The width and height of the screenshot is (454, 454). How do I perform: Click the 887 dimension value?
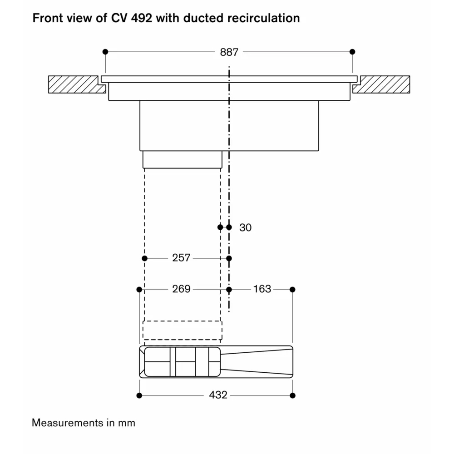(229, 52)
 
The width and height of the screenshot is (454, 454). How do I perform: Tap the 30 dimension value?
(245, 227)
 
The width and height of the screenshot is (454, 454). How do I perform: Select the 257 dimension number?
(181, 258)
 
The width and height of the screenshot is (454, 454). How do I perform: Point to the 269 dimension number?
(181, 289)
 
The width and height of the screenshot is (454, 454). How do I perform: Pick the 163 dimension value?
(262, 289)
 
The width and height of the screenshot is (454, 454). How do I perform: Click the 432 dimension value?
(218, 395)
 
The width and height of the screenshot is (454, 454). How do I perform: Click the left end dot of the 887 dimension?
(105, 52)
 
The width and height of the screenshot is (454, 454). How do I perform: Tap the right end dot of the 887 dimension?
(352, 52)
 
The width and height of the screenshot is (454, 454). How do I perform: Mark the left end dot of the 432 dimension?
(139, 395)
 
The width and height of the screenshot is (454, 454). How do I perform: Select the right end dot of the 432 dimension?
(292, 395)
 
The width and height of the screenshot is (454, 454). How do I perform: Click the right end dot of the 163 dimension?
(292, 290)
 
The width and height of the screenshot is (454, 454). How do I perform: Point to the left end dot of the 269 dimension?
(139, 290)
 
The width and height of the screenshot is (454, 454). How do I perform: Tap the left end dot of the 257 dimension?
(145, 258)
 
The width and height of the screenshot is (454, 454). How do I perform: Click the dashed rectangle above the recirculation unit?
(183, 321)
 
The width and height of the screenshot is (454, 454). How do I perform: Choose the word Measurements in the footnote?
(68, 423)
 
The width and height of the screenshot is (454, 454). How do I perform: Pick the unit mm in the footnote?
(127, 424)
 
